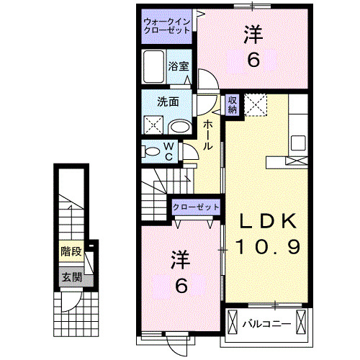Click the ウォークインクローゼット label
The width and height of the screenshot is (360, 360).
click(x=166, y=27)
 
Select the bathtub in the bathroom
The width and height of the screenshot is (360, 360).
click(x=155, y=69)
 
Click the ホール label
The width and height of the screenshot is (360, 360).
click(x=208, y=135)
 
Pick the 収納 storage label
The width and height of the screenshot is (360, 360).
click(x=233, y=105)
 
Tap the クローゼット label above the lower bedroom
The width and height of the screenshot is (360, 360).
click(x=195, y=207)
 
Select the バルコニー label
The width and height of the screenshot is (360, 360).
click(x=267, y=323)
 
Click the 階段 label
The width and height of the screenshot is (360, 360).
click(x=71, y=252)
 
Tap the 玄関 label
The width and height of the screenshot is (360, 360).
click(x=70, y=277)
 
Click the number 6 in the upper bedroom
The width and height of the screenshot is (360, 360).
click(x=253, y=60)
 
